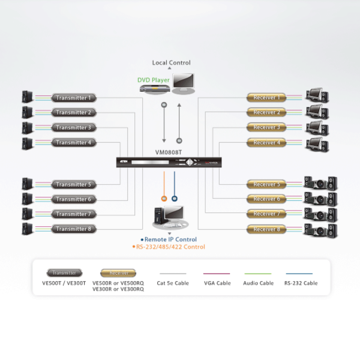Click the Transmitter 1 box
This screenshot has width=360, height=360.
[74, 97]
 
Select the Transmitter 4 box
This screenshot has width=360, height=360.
[74, 142]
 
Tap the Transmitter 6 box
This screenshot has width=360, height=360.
[74, 199]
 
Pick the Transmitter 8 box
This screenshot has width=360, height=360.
[74, 229]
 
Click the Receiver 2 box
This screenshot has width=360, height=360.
[266, 112]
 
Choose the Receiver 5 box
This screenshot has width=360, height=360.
[266, 184]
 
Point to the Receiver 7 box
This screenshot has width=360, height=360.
[266, 214]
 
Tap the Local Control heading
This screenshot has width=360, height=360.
[171, 62]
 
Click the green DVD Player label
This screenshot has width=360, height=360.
[154, 79]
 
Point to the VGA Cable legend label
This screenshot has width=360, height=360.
[217, 283]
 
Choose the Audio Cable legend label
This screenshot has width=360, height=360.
[259, 283]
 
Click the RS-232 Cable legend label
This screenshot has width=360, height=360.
[301, 283]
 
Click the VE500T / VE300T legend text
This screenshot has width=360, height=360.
[64, 283]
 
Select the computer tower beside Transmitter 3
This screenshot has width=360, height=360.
[27, 127]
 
